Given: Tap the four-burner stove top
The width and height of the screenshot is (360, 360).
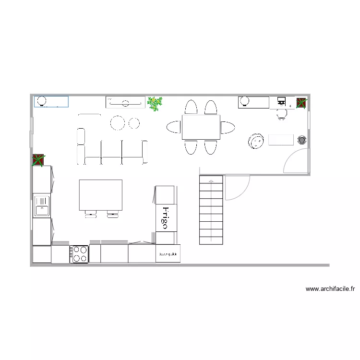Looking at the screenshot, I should pos(80,254).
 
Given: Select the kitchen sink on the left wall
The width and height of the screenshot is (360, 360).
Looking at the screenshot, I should pos(41,206).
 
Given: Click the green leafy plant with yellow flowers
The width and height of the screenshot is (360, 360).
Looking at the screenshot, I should pos(155,103).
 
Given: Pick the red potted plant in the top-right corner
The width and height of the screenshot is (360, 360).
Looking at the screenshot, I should pos(301,103).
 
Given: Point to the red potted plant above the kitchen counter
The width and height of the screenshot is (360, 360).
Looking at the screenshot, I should pos(38,160).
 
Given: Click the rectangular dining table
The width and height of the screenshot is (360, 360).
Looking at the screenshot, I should pos(201,127).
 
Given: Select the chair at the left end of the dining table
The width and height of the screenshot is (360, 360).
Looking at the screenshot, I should pos(174,127).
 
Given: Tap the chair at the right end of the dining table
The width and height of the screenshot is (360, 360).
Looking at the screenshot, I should pos(228,127).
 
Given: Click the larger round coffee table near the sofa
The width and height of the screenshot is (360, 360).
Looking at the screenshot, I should pos(118,123).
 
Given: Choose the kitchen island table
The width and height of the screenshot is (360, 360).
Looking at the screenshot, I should pos(100,195).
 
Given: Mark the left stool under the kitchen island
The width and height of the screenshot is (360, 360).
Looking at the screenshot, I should pos(90,215).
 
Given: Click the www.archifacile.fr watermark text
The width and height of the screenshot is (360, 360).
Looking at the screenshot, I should pos(330,289).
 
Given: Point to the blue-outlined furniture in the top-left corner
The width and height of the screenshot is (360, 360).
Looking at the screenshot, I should pos(51,101).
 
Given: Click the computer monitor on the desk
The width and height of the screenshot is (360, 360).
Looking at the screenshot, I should pos(281,101).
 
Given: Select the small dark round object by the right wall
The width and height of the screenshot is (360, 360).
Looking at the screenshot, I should pos(302,140).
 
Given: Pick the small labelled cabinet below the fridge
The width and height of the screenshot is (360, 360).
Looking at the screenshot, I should pos(168,253).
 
